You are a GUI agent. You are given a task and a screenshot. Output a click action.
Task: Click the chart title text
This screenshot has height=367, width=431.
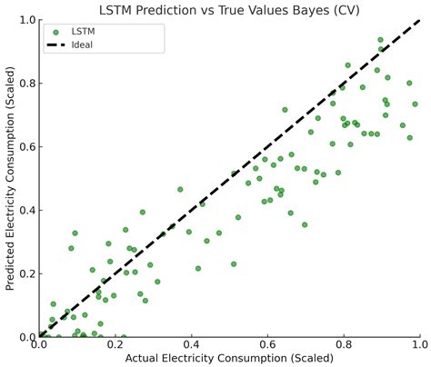[x=229, y=10]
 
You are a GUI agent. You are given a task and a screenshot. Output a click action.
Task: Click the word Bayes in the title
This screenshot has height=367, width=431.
[x=308, y=11]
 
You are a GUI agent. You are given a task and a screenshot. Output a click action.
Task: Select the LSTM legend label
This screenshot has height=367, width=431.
[x=83, y=32]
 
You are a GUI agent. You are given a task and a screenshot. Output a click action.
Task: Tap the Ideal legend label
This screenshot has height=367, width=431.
[x=82, y=45]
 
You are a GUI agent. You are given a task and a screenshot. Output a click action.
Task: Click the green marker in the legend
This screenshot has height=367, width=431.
[x=55, y=32]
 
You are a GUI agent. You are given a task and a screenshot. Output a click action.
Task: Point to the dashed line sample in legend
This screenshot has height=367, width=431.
[x=55, y=45]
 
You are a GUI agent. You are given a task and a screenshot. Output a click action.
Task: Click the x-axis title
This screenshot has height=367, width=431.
[x=229, y=358]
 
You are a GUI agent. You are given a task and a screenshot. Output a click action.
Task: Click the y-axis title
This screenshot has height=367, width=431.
[x=10, y=178]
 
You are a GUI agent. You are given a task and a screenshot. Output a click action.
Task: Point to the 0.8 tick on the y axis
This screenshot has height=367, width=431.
[x=28, y=83]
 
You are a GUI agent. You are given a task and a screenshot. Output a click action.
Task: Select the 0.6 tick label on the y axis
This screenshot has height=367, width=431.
[x=28, y=146]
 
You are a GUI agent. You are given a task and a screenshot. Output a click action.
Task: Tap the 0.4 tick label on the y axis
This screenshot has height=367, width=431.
[x=28, y=210]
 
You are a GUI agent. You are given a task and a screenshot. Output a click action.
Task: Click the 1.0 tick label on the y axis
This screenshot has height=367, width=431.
[x=28, y=20]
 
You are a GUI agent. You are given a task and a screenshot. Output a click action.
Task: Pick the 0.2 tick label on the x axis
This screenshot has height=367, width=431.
[x=115, y=344]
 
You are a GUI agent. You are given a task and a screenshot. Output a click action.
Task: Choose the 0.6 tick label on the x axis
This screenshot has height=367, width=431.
[x=267, y=344]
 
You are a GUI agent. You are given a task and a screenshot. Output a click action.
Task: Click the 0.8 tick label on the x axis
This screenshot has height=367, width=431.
[x=344, y=344]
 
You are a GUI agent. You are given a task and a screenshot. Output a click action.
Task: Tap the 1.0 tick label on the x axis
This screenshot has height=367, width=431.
[x=420, y=344]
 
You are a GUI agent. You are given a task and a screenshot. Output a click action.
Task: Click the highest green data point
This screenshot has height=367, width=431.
[x=380, y=40]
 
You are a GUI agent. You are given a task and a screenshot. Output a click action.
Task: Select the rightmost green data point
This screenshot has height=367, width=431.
[x=415, y=104]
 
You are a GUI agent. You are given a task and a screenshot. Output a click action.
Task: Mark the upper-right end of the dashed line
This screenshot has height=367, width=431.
[x=420, y=20]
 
